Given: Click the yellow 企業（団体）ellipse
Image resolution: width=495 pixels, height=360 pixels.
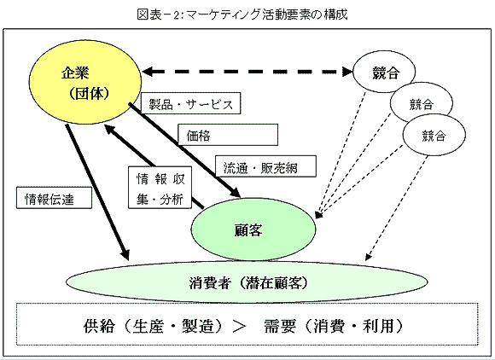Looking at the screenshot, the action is coord(85,83).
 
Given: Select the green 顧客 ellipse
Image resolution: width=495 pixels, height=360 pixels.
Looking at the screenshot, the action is coord(253,229).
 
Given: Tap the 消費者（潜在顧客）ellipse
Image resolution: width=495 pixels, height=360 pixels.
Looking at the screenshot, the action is coord(247,282).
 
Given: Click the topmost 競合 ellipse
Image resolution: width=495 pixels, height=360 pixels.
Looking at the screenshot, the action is coord(384,72).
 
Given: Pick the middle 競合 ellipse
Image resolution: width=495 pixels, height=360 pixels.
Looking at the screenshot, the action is coord(422,103).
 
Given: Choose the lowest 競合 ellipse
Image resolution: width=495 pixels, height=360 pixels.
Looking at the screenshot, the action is coord(434,135).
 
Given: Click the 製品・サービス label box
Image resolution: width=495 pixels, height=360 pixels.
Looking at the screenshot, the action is coord(190,103).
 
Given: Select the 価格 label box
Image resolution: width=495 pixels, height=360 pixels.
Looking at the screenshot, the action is coord(228,135).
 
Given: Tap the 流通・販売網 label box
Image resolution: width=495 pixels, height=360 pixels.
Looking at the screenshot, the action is coord(265,166).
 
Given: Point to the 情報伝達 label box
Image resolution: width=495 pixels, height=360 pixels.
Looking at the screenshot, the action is coord(54,198).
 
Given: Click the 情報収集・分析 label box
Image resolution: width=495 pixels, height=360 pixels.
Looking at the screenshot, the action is coord(160,188).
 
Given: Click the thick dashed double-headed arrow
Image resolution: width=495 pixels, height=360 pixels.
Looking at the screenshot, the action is coord(247,72).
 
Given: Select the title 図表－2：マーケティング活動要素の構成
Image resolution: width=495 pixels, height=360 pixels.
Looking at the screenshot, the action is coord(242,15).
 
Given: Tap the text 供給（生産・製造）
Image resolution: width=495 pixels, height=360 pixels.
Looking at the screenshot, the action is coord(154,326).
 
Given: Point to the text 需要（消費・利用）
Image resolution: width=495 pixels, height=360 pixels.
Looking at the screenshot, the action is coord(334,326).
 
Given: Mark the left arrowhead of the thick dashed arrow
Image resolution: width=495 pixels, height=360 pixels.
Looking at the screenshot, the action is coord(147,72).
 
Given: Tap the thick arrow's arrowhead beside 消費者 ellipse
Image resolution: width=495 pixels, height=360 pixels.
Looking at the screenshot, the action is coord(125,254).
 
